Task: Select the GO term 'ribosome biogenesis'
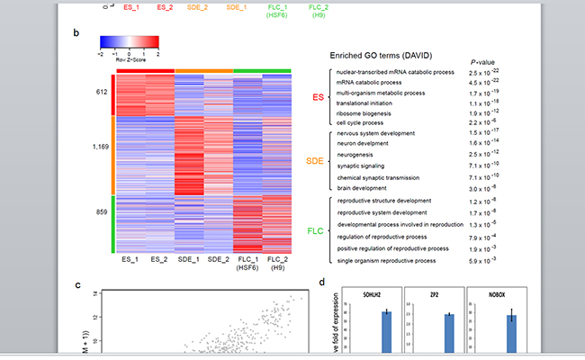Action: coord(365,112)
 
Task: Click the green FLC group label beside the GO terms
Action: coord(313,230)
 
